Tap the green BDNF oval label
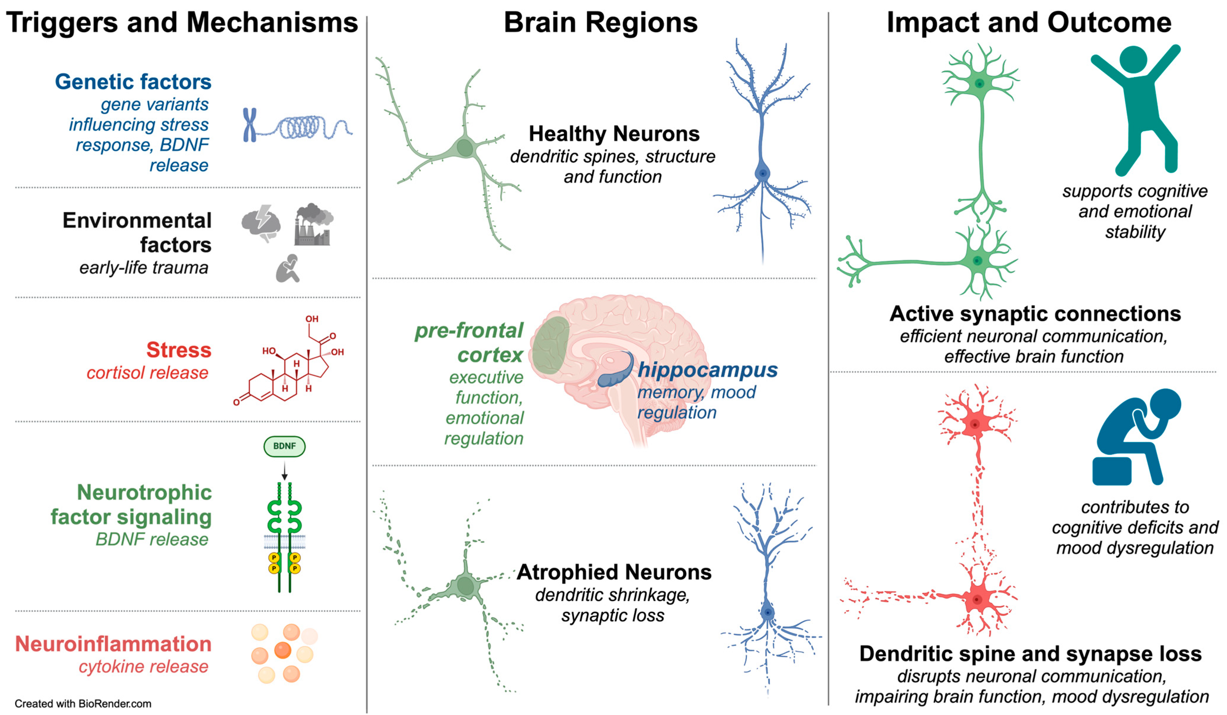(x=284, y=446)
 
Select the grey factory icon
(x=313, y=226)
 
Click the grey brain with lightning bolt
(x=261, y=223)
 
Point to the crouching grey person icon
(x=288, y=268)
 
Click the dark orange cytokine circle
(x=282, y=650)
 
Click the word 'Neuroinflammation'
(x=113, y=644)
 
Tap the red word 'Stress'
(x=179, y=350)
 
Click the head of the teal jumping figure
(x=1133, y=59)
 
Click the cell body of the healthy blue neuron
(x=762, y=173)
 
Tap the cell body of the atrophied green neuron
(x=465, y=586)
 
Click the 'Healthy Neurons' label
(x=614, y=133)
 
